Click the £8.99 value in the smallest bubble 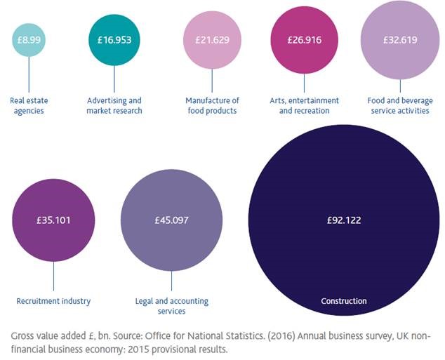click(29, 40)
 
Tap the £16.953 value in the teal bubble click(114, 40)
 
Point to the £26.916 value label click(304, 40)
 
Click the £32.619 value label click(400, 40)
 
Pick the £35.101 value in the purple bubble click(54, 220)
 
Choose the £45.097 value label click(171, 220)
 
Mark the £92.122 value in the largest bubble click(344, 220)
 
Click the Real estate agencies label click(29, 105)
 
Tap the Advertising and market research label click(114, 105)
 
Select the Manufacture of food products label click(211, 105)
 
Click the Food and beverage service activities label click(399, 105)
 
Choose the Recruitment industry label click(54, 301)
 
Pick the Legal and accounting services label click(171, 306)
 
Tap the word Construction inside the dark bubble click(344, 301)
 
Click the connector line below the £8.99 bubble click(29, 74)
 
